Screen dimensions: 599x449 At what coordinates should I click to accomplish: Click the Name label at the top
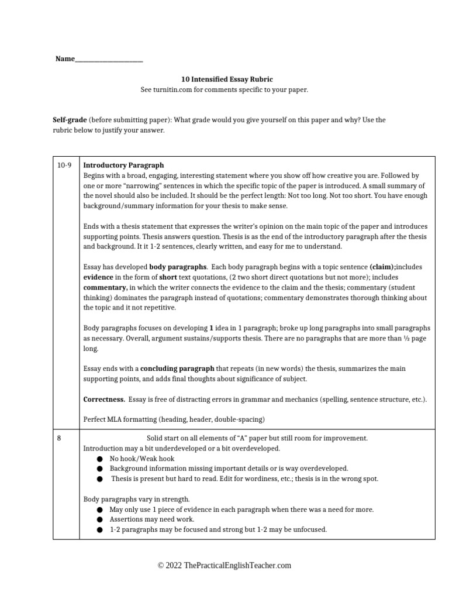(65, 58)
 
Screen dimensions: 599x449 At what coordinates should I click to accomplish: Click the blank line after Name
(109, 60)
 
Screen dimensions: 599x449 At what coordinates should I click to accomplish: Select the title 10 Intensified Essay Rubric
(224, 79)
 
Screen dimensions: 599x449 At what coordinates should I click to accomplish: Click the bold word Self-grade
(70, 120)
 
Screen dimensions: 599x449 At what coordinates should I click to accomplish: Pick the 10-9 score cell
(64, 166)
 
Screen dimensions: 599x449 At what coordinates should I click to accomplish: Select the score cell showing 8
(59, 438)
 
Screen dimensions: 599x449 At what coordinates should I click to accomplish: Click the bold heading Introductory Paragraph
(123, 166)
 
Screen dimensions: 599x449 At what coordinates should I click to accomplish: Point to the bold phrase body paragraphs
(174, 267)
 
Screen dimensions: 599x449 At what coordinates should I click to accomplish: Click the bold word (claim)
(382, 267)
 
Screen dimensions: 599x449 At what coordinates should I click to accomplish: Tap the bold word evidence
(98, 277)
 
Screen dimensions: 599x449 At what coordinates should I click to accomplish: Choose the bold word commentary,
(105, 287)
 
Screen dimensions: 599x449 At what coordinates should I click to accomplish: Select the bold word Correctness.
(104, 399)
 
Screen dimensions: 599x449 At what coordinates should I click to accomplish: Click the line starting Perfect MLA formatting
(174, 419)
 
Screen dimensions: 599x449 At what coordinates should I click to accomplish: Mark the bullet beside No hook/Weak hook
(101, 459)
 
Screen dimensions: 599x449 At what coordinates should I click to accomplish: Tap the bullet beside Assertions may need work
(101, 519)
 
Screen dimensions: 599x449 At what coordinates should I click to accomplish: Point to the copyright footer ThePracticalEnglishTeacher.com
(224, 565)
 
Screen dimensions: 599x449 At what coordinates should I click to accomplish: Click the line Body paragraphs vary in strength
(136, 499)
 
